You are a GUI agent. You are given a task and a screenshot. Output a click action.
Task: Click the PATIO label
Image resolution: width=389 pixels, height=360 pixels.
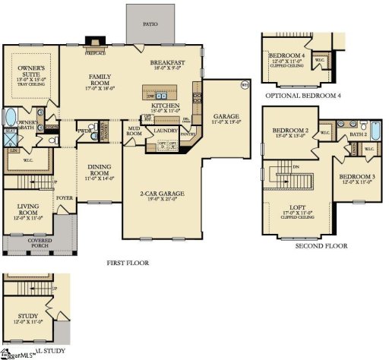150,24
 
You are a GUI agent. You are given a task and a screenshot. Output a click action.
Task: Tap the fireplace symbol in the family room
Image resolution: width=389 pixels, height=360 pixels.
93,43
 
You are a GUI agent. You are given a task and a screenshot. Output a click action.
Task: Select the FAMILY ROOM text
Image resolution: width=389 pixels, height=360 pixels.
100,77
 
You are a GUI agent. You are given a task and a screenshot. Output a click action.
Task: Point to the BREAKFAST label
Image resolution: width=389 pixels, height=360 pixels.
169,62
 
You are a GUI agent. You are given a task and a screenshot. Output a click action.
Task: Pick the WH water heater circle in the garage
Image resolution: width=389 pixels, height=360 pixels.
245,84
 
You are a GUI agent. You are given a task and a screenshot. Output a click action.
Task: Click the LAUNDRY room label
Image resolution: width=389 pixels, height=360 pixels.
166,131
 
